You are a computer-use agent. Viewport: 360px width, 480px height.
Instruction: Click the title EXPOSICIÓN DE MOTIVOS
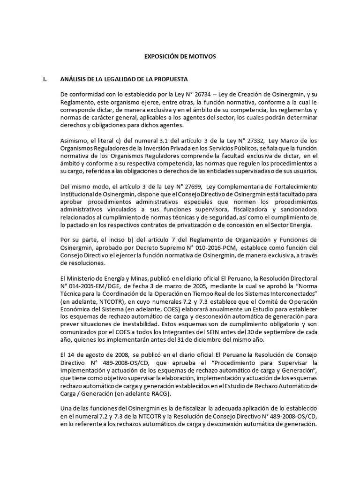coord(180,56)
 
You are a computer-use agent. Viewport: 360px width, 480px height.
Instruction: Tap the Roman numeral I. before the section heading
coord(45,79)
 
